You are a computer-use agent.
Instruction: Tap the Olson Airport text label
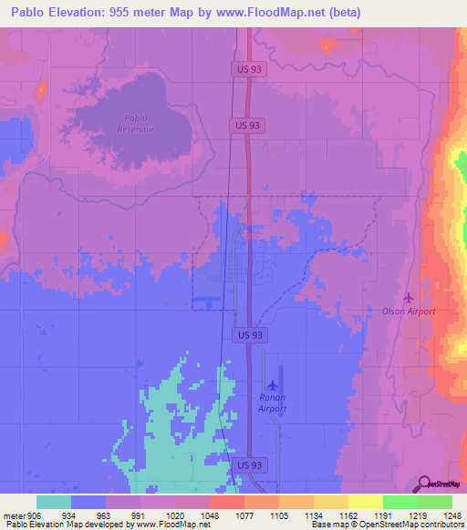click(409, 311)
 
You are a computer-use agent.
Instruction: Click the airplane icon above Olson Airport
click(408, 298)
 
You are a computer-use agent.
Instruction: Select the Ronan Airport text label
click(272, 403)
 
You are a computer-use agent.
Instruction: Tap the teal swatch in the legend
click(54, 502)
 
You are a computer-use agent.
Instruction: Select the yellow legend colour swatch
click(365, 502)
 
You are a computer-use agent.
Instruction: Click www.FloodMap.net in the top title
click(280, 13)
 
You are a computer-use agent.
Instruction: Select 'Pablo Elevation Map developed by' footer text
click(66, 524)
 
